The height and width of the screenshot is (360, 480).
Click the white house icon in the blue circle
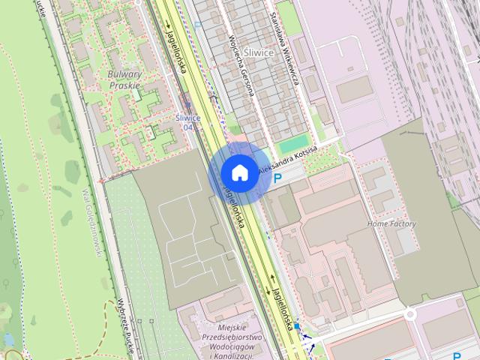point(239,172)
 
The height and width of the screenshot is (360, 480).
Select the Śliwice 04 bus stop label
point(187,122)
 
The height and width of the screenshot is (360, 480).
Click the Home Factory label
point(391,224)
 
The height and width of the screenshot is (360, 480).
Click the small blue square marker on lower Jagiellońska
point(298,327)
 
